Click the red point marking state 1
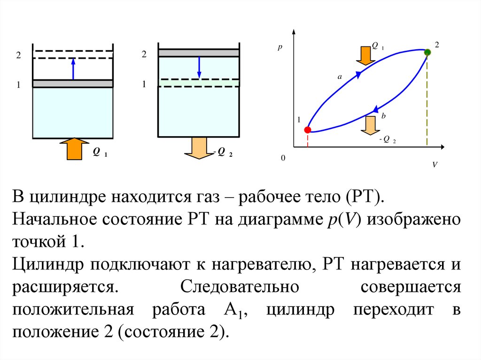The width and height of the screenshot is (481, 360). pyautogui.click(x=307, y=130)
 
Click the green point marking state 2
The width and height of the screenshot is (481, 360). pyautogui.click(x=427, y=53)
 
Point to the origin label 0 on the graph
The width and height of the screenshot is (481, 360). pyautogui.click(x=283, y=159)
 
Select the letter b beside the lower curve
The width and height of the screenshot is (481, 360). pyautogui.click(x=383, y=116)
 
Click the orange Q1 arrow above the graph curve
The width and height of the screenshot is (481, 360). pyautogui.click(x=364, y=54)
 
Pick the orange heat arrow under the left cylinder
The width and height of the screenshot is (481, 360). pyautogui.click(x=74, y=148)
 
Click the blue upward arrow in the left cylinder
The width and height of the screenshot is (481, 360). pyautogui.click(x=73, y=69)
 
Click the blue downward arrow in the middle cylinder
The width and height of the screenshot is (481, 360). pyautogui.click(x=199, y=68)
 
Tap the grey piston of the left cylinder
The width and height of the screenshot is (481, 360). pyautogui.click(x=73, y=84)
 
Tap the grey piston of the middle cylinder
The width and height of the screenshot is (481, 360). pyautogui.click(x=199, y=53)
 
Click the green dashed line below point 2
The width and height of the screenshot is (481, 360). pyautogui.click(x=427, y=101)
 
